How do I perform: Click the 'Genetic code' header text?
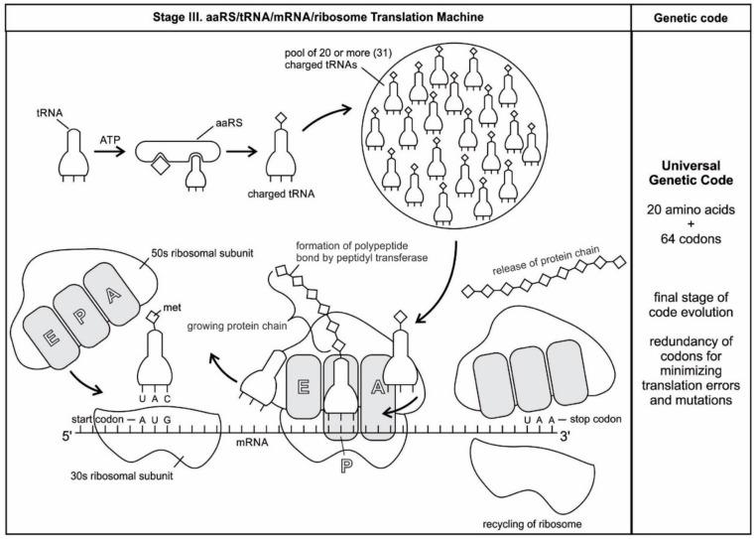[x=691, y=17]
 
